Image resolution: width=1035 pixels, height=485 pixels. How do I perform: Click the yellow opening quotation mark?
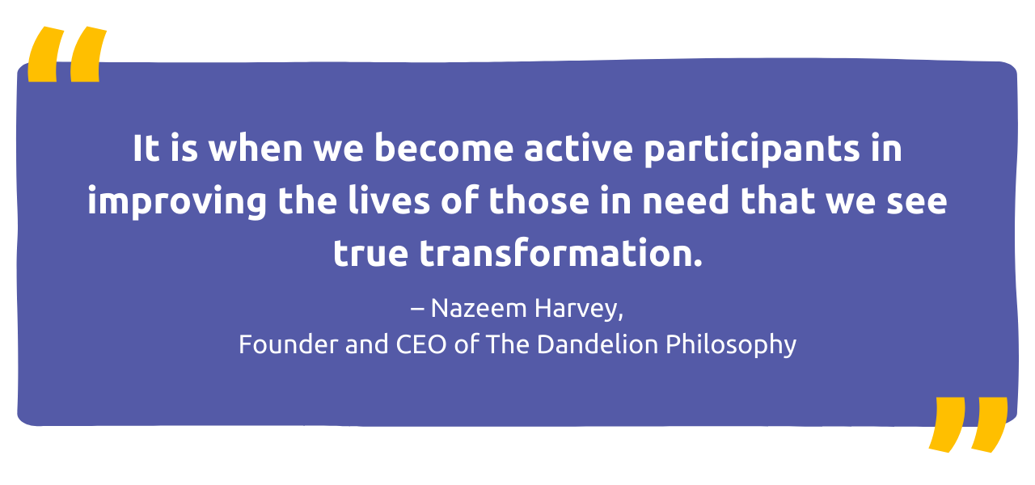pos(66,55)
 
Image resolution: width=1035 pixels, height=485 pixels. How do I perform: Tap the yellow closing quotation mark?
pos(967,424)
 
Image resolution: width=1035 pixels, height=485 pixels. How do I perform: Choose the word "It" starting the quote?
pos(146,150)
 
